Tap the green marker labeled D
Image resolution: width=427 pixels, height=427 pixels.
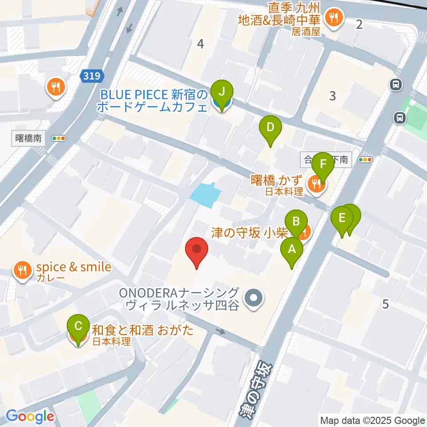click(x=270, y=128)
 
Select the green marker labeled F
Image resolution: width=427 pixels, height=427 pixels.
click(x=323, y=164)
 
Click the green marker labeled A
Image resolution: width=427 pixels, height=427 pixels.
click(x=292, y=250)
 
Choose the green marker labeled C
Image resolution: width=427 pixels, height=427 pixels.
click(x=78, y=326)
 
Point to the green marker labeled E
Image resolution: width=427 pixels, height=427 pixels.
click(x=342, y=218)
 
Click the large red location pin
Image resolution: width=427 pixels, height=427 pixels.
click(x=196, y=250)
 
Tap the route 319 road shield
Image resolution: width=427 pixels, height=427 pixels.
click(x=88, y=76)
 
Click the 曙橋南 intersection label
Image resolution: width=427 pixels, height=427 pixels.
click(x=28, y=138)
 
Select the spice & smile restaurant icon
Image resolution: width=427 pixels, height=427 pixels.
click(x=21, y=270)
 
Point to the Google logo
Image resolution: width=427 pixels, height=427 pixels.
click(x=30, y=417)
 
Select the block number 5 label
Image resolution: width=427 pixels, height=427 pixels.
click(x=385, y=304)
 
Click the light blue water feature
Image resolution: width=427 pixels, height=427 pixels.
click(x=205, y=194)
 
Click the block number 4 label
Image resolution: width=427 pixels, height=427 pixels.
click(x=201, y=44)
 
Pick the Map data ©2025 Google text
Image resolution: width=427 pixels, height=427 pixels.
click(x=373, y=421)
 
